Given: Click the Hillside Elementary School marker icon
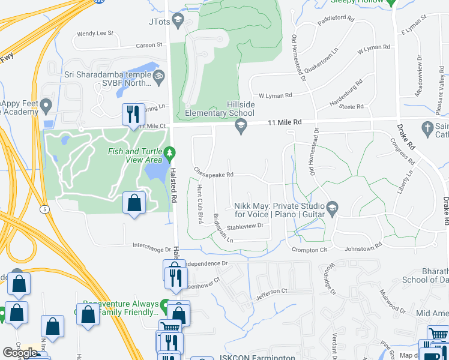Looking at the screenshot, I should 241,125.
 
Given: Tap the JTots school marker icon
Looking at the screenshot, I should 178,22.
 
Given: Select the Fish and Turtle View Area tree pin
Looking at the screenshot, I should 170,154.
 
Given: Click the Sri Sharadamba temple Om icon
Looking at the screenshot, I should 158,76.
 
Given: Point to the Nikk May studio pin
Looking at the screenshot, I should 332,209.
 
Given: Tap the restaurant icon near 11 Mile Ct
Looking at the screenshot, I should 132,113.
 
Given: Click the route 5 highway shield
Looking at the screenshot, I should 45,209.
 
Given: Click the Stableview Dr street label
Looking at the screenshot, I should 246,226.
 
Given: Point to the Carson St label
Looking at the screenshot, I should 149,45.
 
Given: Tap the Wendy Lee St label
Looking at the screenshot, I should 95,34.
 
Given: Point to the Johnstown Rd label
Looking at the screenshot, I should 363,246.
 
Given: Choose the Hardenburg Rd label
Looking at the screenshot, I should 346,95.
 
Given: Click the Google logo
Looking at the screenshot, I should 20,353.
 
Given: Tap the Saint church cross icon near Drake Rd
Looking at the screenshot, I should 427,128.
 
